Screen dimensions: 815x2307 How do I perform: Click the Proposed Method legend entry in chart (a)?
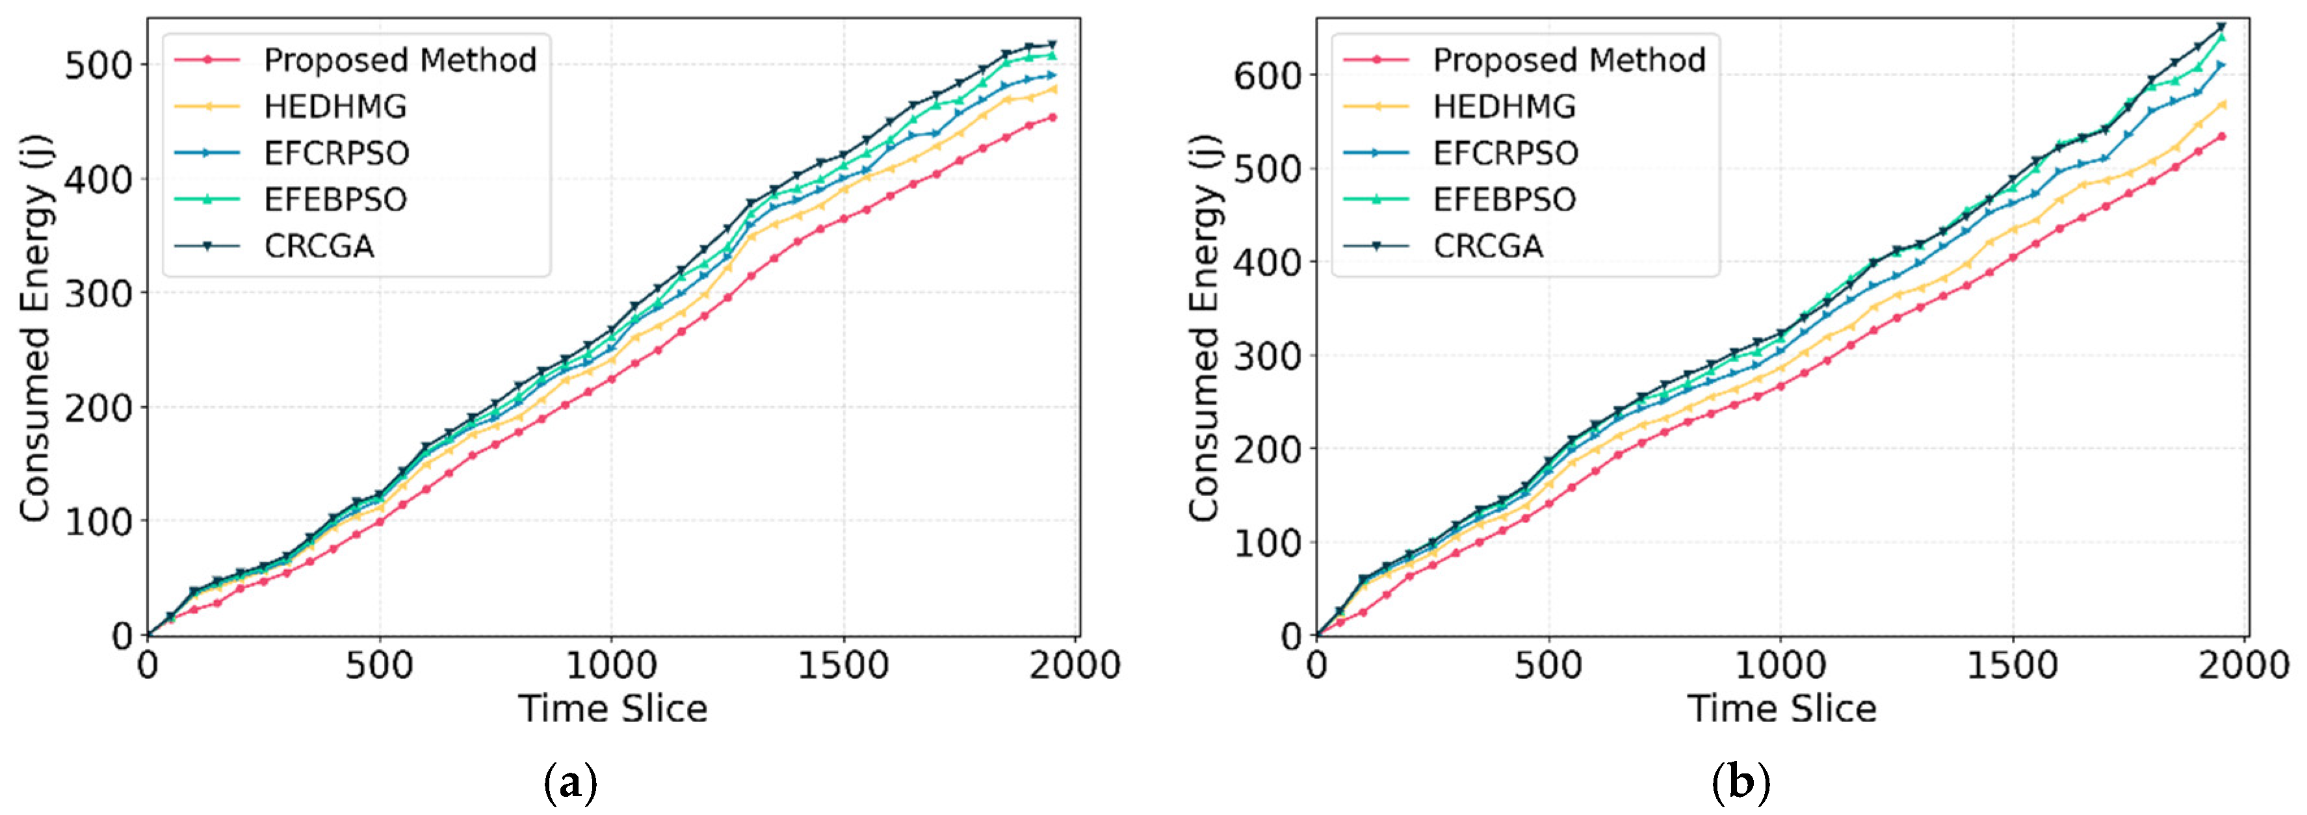(x=399, y=60)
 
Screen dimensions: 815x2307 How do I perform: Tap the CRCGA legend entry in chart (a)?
(x=319, y=246)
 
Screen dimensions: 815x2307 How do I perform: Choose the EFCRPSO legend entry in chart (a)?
(x=336, y=153)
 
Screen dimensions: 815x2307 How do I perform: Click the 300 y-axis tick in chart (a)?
(x=99, y=294)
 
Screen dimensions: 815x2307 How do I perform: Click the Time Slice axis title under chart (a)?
(x=612, y=709)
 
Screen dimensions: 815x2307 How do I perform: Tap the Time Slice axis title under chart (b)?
(x=1781, y=709)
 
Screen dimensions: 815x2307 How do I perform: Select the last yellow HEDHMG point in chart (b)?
(x=2221, y=105)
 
